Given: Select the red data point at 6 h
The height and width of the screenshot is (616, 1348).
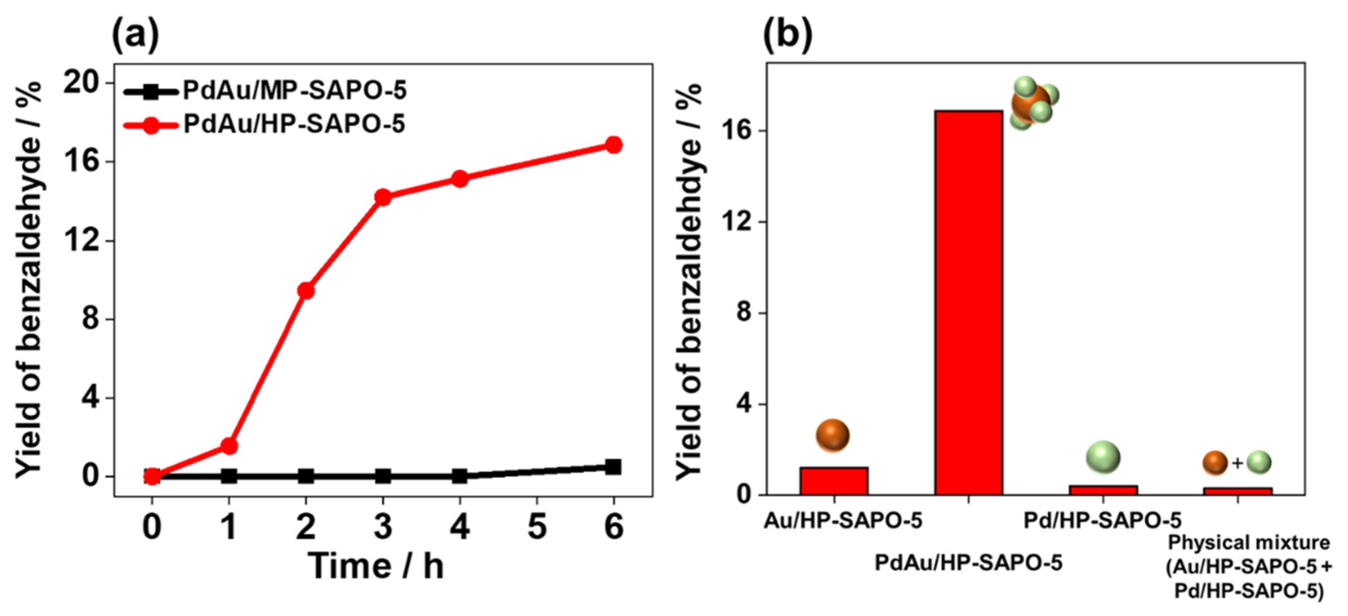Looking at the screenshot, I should (x=613, y=145).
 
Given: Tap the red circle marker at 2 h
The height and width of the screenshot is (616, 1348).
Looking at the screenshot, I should (x=306, y=290).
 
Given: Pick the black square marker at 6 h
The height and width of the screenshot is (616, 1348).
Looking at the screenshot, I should (x=613, y=466).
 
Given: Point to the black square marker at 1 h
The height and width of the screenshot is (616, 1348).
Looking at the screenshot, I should (x=229, y=476).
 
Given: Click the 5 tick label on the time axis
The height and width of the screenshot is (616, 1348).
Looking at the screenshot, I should (x=536, y=526).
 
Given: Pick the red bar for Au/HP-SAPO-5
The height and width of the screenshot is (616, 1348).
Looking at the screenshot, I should (x=833, y=481).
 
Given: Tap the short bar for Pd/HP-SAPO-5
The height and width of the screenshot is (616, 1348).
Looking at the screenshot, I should (x=1103, y=490).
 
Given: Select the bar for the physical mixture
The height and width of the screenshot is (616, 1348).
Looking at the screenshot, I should (x=1237, y=491).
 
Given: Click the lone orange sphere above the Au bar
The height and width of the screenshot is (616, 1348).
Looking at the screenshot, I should (x=832, y=435).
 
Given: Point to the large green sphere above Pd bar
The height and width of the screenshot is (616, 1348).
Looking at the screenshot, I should (x=1103, y=457).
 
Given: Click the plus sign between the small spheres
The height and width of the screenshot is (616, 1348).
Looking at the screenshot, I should (x=1237, y=463).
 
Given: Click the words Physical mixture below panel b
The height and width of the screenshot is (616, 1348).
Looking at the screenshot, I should (x=1249, y=543).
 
